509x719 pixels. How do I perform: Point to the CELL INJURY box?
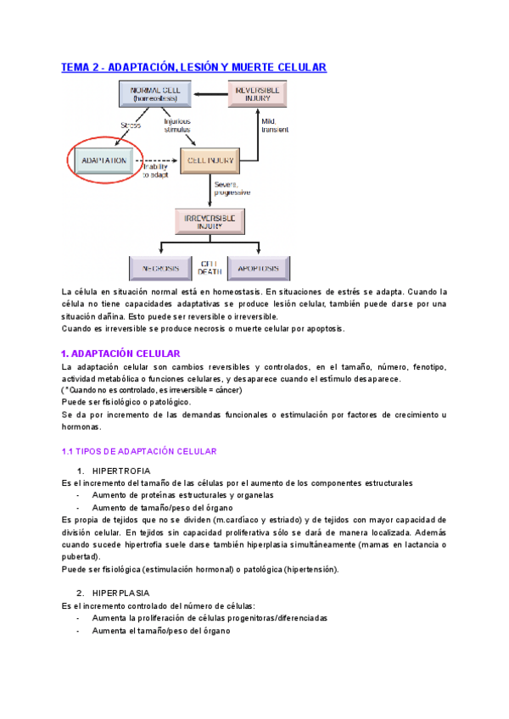207,159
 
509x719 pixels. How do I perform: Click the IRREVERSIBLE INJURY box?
209,222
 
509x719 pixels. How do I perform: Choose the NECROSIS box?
161,268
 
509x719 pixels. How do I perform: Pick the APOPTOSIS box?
258,268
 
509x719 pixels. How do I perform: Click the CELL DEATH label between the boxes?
210,268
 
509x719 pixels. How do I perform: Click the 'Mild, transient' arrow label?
275,127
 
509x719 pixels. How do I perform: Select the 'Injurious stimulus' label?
177,125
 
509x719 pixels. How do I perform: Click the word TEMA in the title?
77,67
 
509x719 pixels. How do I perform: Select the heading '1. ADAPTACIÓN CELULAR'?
121,353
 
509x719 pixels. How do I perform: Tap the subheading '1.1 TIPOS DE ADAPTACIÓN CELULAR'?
139,451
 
